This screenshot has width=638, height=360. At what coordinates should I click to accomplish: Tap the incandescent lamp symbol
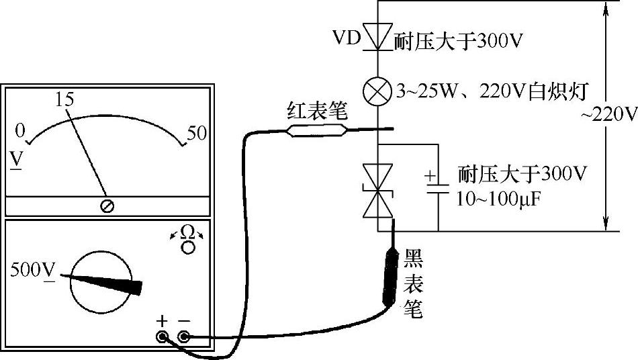pyautogui.click(x=379, y=90)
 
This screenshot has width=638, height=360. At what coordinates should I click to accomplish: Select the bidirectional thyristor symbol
pyautogui.click(x=379, y=191)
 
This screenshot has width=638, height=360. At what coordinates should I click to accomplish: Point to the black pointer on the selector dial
pyautogui.click(x=107, y=282)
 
